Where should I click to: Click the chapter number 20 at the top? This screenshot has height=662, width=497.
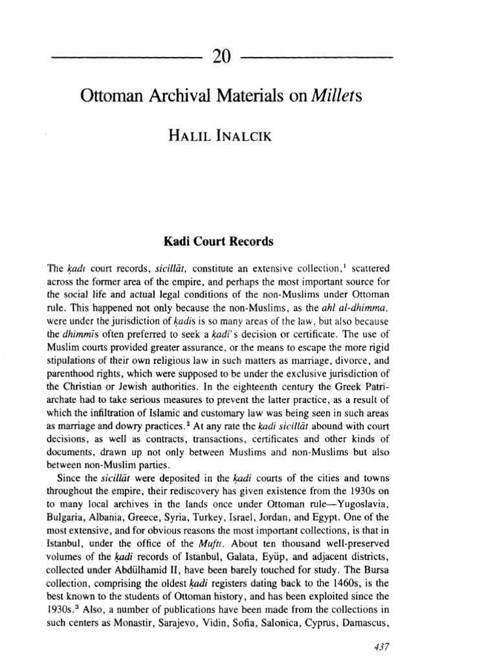click(219, 58)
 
